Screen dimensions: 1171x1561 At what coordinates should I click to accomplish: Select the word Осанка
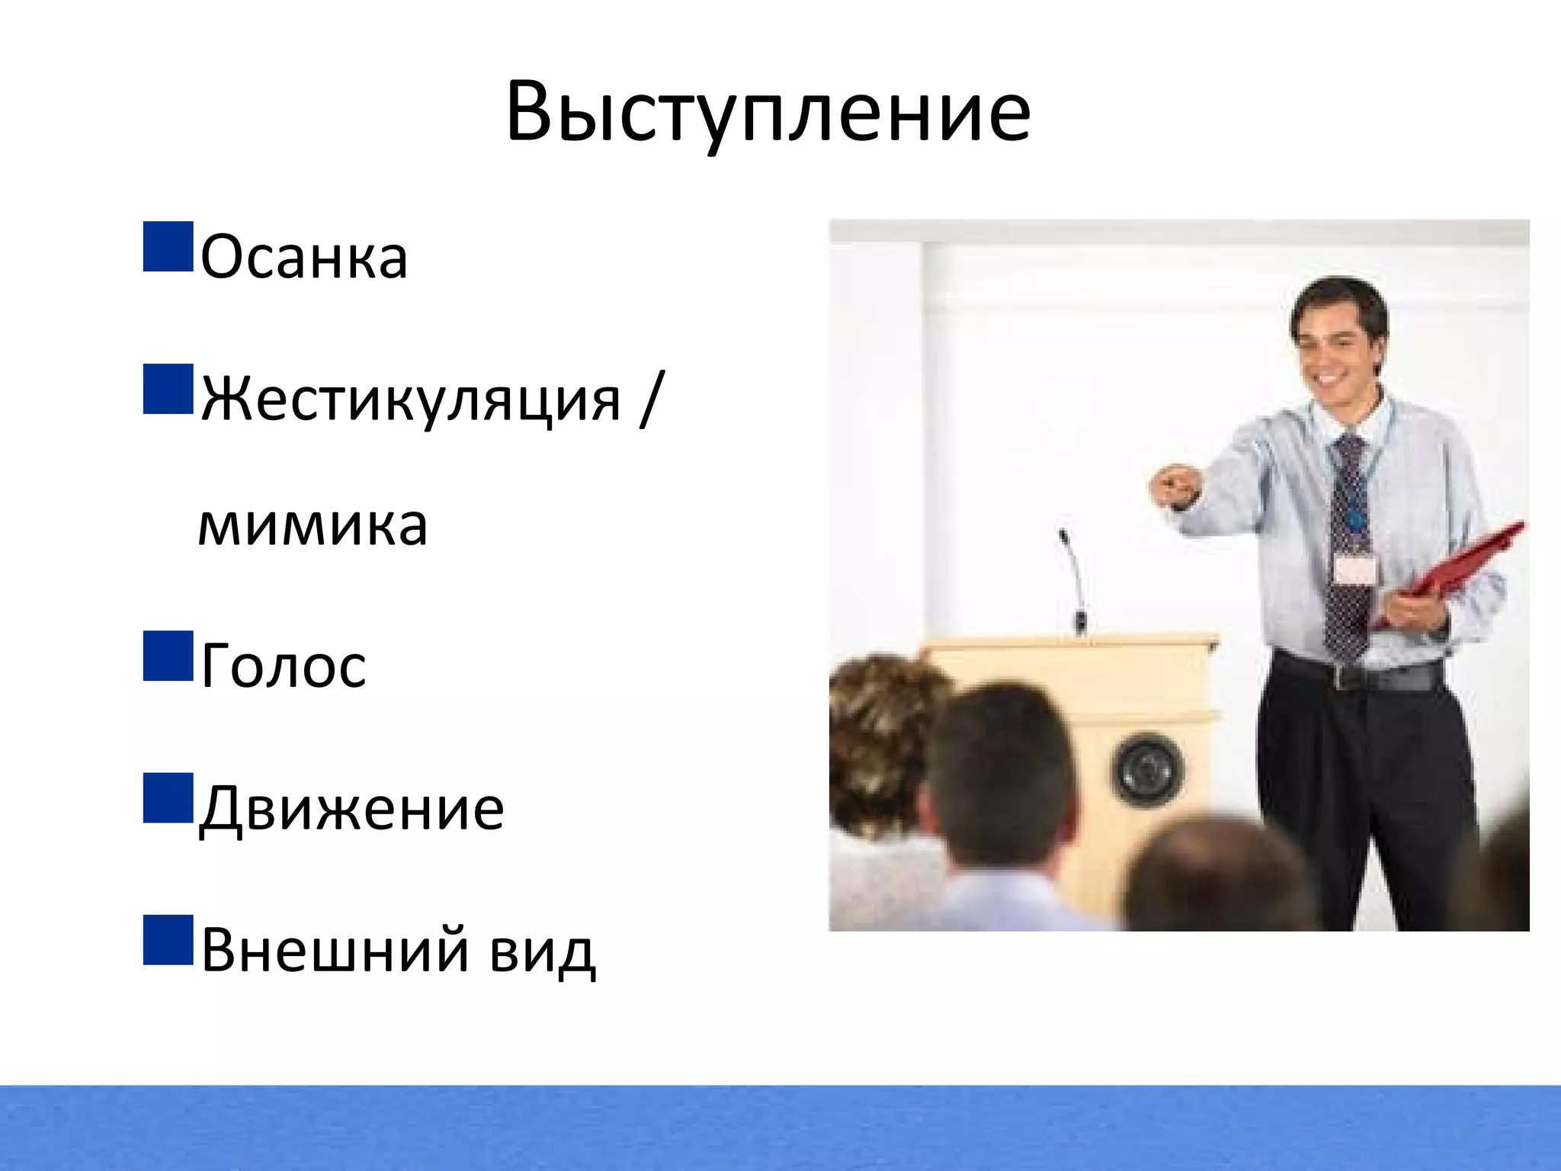(x=304, y=257)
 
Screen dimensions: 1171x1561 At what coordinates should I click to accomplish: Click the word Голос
(x=284, y=666)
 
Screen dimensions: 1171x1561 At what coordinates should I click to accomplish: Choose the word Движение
(x=351, y=808)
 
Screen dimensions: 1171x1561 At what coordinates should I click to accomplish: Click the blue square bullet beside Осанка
(x=168, y=246)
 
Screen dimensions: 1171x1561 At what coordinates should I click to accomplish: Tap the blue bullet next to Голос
(x=168, y=655)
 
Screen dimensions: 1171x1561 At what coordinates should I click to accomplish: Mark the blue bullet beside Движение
(x=168, y=797)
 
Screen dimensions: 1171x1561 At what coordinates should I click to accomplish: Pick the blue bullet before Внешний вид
(x=168, y=940)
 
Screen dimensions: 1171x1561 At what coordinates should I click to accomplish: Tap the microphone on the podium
(x=1074, y=579)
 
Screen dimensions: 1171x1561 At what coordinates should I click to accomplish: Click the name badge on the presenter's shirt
(x=1356, y=569)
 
